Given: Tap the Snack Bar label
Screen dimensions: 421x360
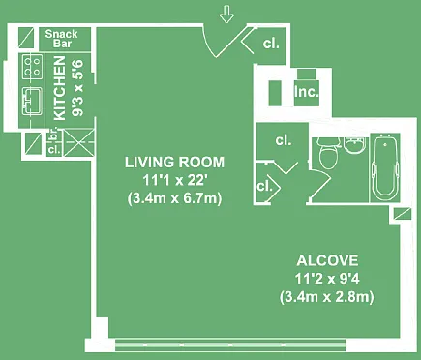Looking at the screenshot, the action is (x=61, y=39).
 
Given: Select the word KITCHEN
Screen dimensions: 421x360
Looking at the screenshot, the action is (x=60, y=88).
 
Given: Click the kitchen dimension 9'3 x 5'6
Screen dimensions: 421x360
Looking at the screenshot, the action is (x=78, y=88).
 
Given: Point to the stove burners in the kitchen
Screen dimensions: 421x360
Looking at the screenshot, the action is (x=33, y=67).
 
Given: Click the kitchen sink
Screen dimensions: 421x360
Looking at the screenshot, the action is (x=32, y=102).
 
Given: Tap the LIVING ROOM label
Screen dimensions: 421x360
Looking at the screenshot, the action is (x=174, y=162).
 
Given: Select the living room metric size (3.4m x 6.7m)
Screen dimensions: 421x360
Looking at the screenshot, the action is (x=174, y=198).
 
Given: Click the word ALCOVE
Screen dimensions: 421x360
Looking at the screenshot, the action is (x=327, y=260).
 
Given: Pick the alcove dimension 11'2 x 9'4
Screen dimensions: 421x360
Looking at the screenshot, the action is (x=327, y=279).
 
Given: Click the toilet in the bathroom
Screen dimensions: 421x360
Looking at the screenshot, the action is (x=329, y=153).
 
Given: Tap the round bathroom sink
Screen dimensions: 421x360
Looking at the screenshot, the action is (x=354, y=144).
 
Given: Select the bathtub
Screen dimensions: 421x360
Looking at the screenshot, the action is (x=385, y=167).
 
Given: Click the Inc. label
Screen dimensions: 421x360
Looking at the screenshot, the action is (x=307, y=92).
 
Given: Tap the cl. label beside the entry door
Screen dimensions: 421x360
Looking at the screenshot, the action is (x=271, y=44).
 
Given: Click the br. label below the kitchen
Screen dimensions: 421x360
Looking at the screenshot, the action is (x=54, y=135).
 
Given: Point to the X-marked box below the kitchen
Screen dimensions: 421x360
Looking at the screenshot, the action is (x=78, y=142).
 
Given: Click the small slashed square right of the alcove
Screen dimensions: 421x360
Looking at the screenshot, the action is (x=403, y=214).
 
